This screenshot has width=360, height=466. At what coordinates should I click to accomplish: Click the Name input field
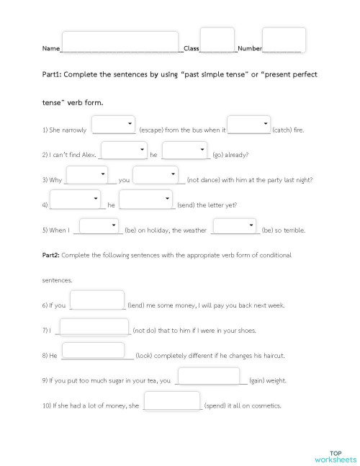(x=120, y=42)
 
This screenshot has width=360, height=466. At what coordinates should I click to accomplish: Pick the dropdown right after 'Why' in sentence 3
(x=86, y=174)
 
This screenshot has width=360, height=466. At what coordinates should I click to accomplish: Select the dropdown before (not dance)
(x=156, y=174)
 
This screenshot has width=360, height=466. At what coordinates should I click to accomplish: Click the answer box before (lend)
(x=98, y=300)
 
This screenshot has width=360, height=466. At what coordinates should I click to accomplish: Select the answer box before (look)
(x=98, y=351)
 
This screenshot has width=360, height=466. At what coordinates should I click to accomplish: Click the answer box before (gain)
(x=208, y=376)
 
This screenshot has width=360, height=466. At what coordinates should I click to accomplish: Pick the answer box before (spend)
(x=172, y=400)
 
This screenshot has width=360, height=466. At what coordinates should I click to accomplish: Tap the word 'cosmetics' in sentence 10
(x=266, y=405)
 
